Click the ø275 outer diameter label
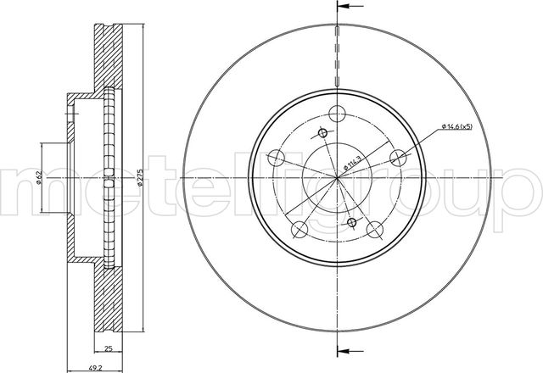click(139, 178)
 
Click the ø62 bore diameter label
click(39, 177)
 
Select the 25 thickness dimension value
click(109, 348)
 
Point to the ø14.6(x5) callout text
click(456, 126)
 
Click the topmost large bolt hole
click(338, 114)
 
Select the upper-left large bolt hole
click(277, 158)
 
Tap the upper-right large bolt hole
click(398, 158)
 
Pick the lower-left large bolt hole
click(299, 230)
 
